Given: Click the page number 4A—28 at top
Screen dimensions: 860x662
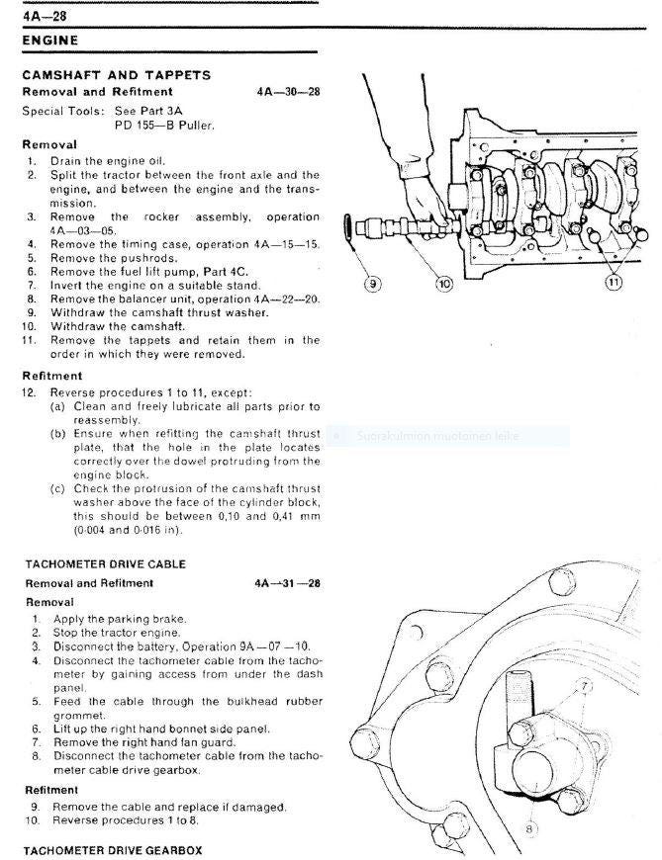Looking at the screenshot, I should pos(44,14).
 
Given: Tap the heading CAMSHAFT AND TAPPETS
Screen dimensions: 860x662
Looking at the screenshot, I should pos(117,75).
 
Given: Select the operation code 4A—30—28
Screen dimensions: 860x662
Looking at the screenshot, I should pos(287,92).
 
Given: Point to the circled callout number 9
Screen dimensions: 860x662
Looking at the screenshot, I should pos(372,284).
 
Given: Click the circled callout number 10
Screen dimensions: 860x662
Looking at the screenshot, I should pos(443,284).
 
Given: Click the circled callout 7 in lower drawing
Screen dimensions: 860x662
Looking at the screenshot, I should pos(584,684).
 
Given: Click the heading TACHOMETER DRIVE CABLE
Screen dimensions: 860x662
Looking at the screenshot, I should pos(106,563).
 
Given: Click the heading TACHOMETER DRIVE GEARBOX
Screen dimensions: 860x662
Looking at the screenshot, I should pos(114,849).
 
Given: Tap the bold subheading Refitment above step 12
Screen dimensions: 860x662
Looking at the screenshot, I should pos(52,376).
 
